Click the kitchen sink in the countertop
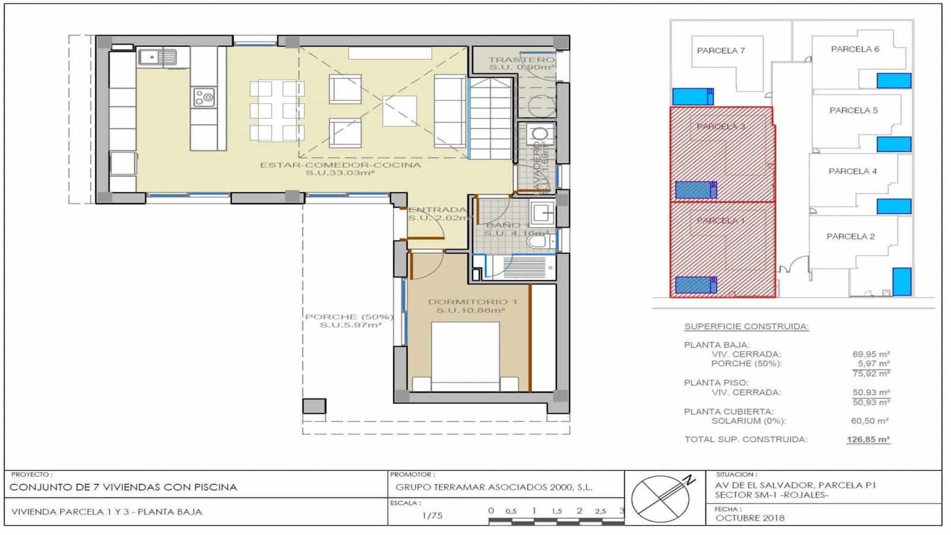[158, 57]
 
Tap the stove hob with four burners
[204, 97]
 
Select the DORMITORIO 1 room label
[473, 302]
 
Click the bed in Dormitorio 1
[465, 357]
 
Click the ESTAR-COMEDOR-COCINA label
[340, 165]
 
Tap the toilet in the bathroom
[538, 241]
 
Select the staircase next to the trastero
[490, 119]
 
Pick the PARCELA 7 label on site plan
[720, 51]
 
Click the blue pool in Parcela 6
[894, 80]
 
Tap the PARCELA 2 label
[851, 236]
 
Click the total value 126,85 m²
[868, 440]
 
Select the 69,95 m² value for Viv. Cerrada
[871, 354]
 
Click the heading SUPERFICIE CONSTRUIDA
[746, 326]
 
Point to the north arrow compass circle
[660, 498]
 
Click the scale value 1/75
[432, 515]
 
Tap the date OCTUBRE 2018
[750, 518]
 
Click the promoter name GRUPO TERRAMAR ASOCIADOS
[493, 487]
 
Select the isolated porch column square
[314, 406]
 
